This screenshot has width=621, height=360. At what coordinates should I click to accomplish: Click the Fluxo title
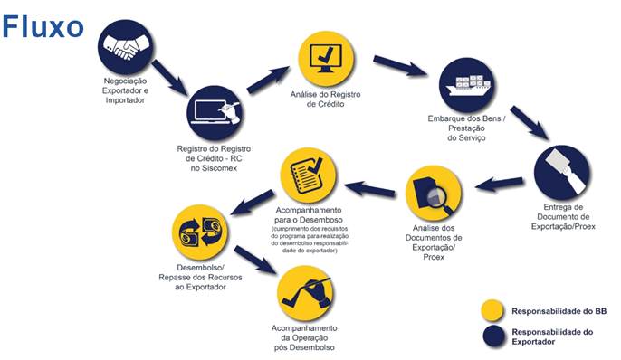(x=43, y=26)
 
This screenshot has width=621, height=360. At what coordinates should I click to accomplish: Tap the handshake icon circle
(x=125, y=46)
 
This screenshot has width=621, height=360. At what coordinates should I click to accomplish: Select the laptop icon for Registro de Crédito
(x=215, y=113)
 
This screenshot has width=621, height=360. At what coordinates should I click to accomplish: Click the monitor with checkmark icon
(x=326, y=58)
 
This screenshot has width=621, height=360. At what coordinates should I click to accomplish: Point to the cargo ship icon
(x=467, y=85)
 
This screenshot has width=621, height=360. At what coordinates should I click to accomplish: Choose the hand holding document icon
(x=562, y=173)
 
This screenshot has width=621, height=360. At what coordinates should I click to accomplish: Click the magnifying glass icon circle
(x=434, y=194)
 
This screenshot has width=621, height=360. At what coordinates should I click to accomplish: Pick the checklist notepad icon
(x=309, y=175)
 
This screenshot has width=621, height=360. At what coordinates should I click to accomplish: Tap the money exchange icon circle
(x=200, y=232)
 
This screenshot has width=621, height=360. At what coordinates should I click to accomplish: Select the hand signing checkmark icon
(x=305, y=294)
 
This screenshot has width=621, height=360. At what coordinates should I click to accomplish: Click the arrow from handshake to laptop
(x=169, y=77)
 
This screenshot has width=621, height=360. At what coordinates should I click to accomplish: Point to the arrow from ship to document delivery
(x=529, y=123)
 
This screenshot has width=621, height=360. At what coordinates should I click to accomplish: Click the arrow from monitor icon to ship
(x=400, y=66)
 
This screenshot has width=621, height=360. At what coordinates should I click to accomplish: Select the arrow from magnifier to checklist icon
(x=369, y=189)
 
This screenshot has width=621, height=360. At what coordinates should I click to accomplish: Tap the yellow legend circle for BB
(x=493, y=311)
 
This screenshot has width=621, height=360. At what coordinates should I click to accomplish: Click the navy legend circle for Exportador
(x=494, y=336)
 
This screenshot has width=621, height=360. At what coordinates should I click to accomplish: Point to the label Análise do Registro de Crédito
(x=326, y=99)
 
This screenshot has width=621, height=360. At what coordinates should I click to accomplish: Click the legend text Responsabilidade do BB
(x=559, y=311)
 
